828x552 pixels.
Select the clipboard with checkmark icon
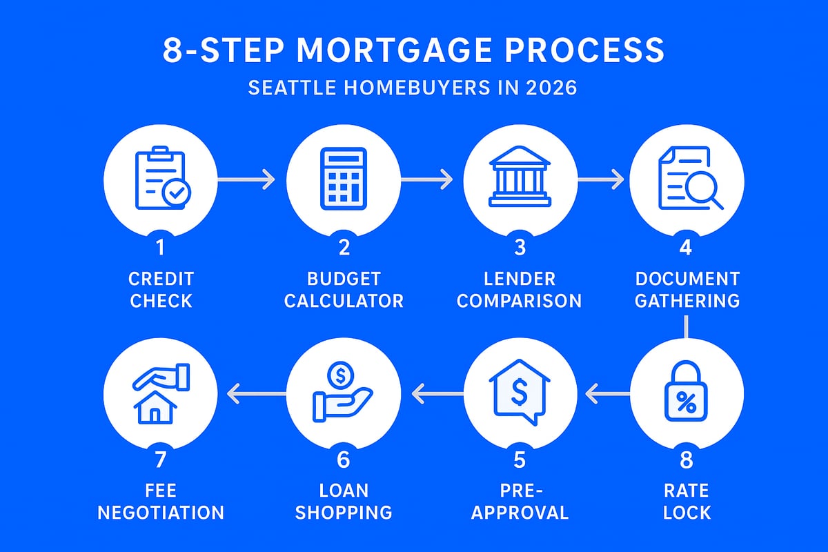click(160, 180)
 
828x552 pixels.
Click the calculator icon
click(343, 180)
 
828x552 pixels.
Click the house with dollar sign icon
click(519, 394)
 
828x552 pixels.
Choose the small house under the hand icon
click(155, 408)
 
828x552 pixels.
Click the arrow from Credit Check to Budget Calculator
click(246, 180)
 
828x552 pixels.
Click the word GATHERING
click(687, 302)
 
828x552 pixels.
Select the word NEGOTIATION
click(160, 512)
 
